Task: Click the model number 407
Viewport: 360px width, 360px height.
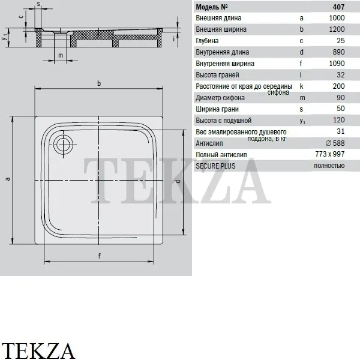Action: tap(338, 7)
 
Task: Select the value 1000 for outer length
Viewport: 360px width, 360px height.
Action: tap(337, 18)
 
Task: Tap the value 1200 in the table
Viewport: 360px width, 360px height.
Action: tap(337, 29)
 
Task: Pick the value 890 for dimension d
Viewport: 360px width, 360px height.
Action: tap(338, 52)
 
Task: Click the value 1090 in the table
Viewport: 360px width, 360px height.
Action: tap(337, 64)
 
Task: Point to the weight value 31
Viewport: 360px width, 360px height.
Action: tap(341, 131)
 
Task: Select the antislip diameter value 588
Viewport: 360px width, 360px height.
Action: tap(335, 143)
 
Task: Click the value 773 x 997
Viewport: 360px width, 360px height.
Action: tap(330, 154)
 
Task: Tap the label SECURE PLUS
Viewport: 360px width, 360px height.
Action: tap(215, 166)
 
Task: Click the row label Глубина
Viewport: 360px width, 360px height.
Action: tap(207, 41)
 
